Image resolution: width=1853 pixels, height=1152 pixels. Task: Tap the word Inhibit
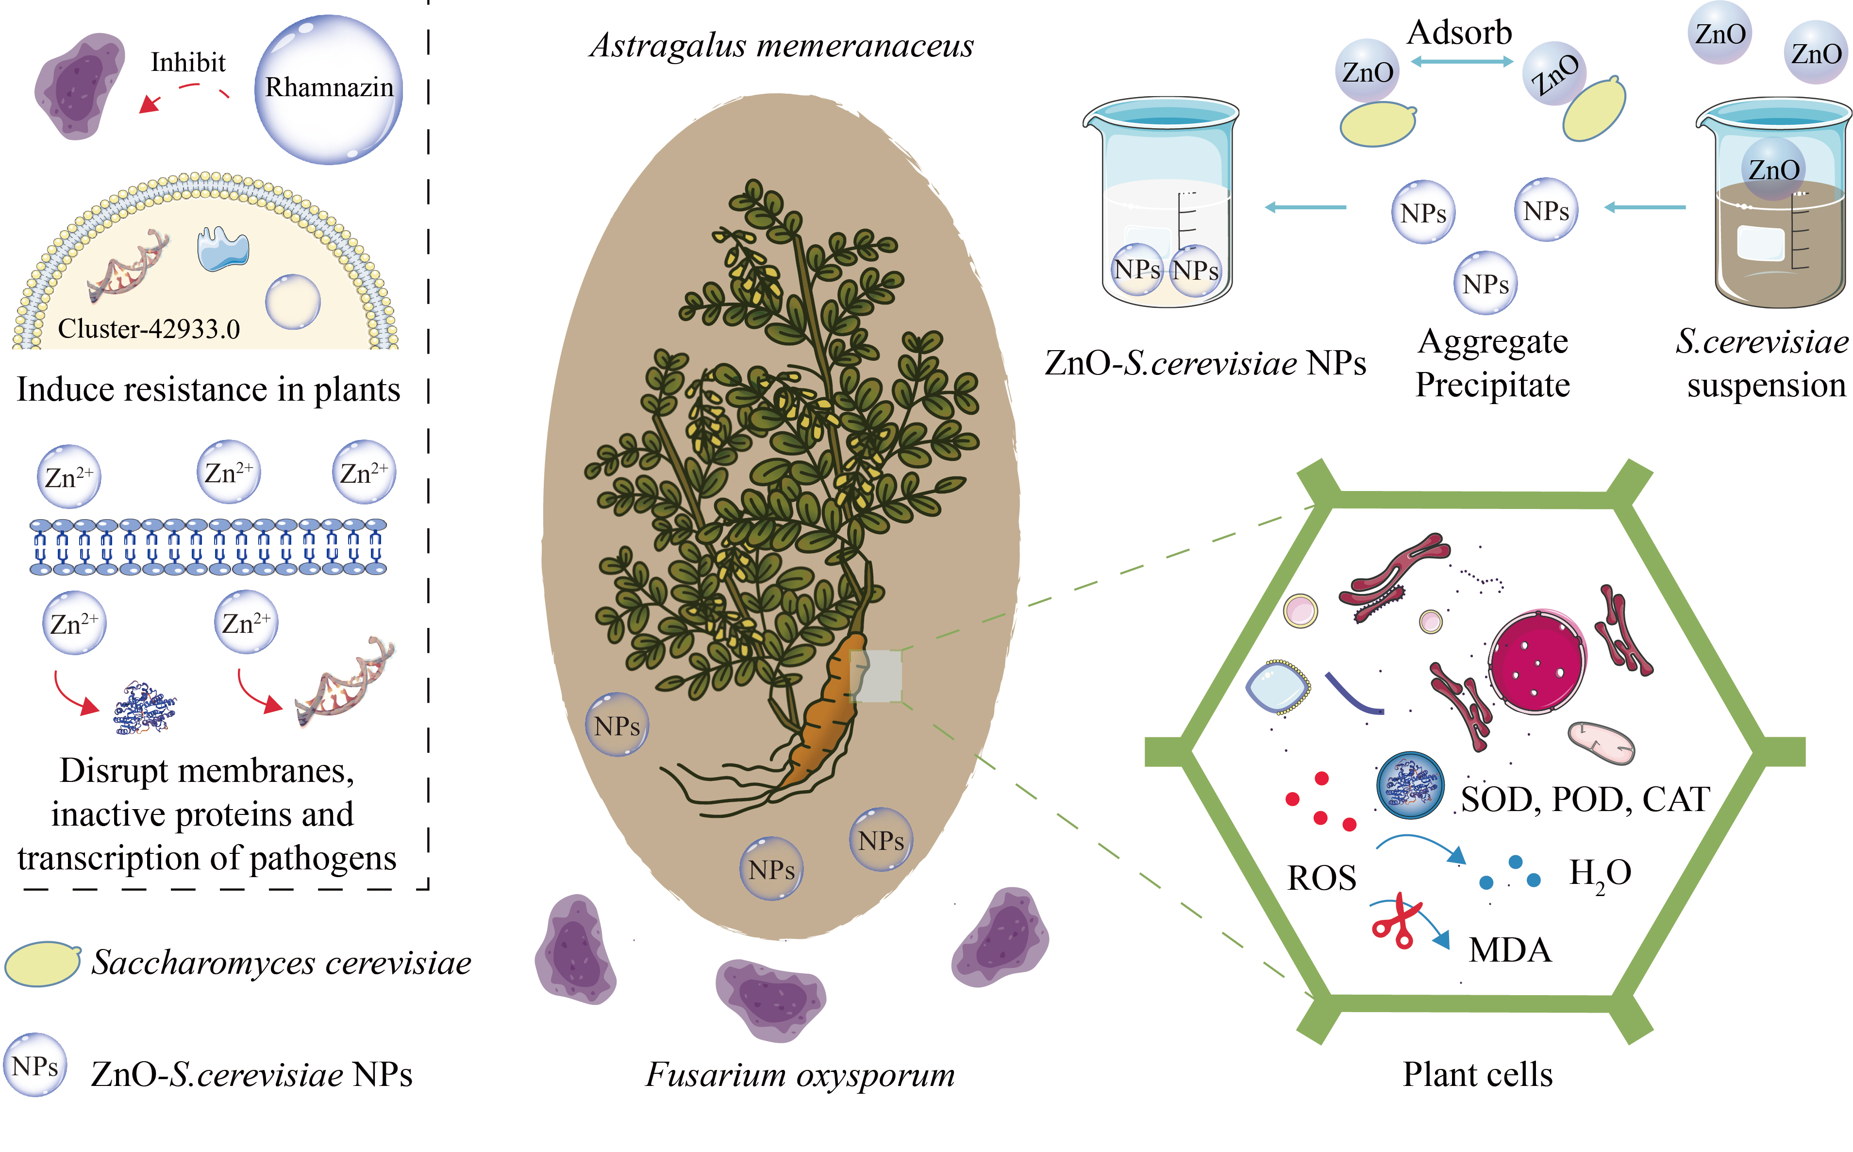[x=188, y=63]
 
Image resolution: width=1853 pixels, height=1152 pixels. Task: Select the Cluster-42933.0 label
[x=149, y=329]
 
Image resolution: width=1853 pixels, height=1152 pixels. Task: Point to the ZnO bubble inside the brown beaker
[x=1774, y=169]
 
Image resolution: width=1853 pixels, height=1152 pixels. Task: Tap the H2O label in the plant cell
[x=1600, y=874]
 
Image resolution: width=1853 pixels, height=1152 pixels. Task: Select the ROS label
[x=1321, y=878]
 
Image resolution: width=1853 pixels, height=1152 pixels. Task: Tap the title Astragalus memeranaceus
[x=782, y=46]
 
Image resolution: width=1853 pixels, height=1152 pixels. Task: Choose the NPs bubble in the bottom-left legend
[x=35, y=1065]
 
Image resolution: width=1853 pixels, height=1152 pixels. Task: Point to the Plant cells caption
[x=1478, y=1074]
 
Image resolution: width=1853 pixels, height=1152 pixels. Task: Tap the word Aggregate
[x=1493, y=341]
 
